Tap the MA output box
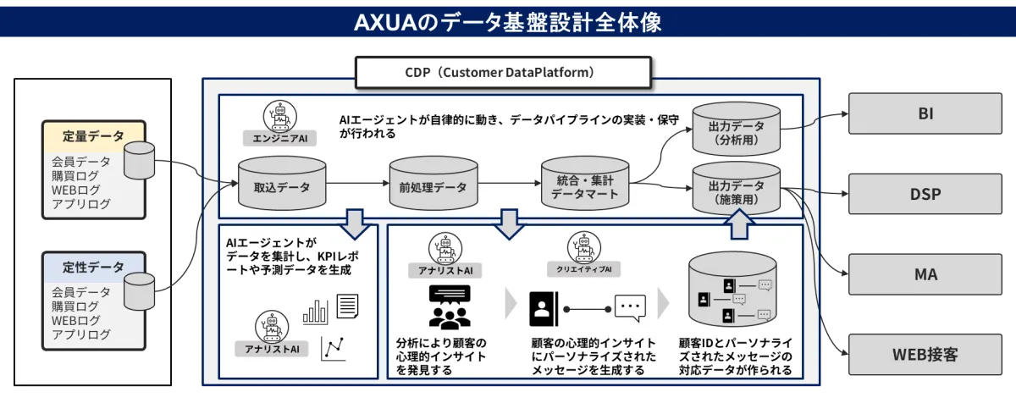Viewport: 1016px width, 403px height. tap(925, 274)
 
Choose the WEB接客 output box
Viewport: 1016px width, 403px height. tap(925, 354)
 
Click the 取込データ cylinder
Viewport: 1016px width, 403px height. tap(281, 183)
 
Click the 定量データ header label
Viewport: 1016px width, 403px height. tap(93, 135)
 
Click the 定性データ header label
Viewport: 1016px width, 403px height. tap(93, 267)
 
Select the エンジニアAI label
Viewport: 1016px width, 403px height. tap(279, 137)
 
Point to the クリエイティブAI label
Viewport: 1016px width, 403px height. tap(589, 269)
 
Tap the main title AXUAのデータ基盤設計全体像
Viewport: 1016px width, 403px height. tap(508, 23)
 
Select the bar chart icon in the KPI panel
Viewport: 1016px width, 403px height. tap(316, 311)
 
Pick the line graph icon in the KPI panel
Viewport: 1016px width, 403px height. tap(333, 348)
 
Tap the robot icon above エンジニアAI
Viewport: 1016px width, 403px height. tap(276, 114)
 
